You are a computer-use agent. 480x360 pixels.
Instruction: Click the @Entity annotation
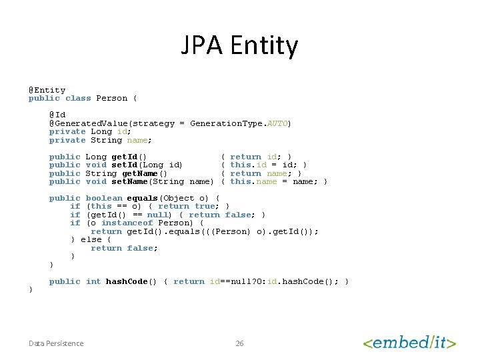click(x=47, y=90)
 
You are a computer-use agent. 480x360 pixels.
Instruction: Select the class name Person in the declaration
click(x=111, y=98)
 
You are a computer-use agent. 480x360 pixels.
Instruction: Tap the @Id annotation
click(x=57, y=115)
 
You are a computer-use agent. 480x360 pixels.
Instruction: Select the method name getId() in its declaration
click(x=129, y=157)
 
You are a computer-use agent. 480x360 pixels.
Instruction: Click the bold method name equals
click(x=142, y=198)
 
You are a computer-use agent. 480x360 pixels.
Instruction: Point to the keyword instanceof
click(x=127, y=223)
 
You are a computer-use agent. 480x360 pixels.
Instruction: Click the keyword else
click(x=91, y=239)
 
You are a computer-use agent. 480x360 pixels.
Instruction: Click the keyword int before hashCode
click(x=93, y=281)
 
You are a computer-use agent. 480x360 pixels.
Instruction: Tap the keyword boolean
click(x=104, y=198)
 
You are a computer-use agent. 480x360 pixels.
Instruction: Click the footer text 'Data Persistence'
click(x=56, y=343)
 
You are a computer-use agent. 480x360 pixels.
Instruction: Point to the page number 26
click(x=239, y=343)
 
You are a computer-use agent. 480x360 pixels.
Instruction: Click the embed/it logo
click(x=409, y=343)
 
